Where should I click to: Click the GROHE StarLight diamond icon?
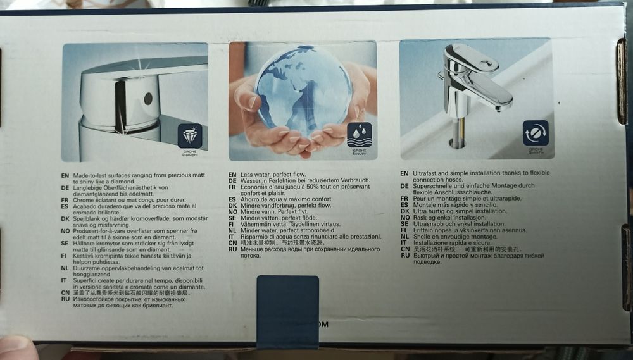click(x=190, y=136)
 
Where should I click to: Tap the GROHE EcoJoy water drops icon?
click(x=360, y=134)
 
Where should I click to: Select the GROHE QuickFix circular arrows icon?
click(x=536, y=133)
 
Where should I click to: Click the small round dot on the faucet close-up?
click(x=148, y=98)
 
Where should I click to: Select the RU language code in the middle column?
click(x=232, y=249)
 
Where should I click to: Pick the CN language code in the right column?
click(x=404, y=249)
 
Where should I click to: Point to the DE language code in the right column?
click(x=404, y=186)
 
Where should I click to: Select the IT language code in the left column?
click(x=65, y=280)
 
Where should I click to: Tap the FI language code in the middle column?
click(x=232, y=224)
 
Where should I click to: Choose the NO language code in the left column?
click(x=65, y=231)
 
